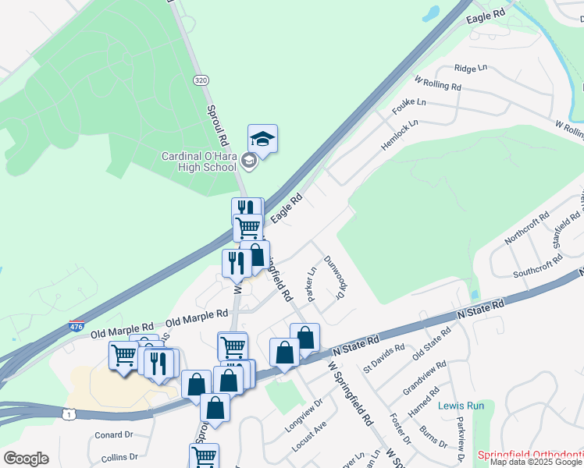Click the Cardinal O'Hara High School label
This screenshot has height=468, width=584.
coord(198,161)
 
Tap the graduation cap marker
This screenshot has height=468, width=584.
coord(263,140)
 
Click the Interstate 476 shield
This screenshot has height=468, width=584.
coord(76,325)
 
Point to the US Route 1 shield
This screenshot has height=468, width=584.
coord(70,414)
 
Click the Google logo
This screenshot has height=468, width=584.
coord(26,459)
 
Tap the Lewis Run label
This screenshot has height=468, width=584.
coord(461,406)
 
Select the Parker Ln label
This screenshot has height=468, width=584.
coord(312,285)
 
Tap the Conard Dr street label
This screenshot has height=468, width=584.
coord(114,435)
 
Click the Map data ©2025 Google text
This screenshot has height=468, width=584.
coord(536,462)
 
